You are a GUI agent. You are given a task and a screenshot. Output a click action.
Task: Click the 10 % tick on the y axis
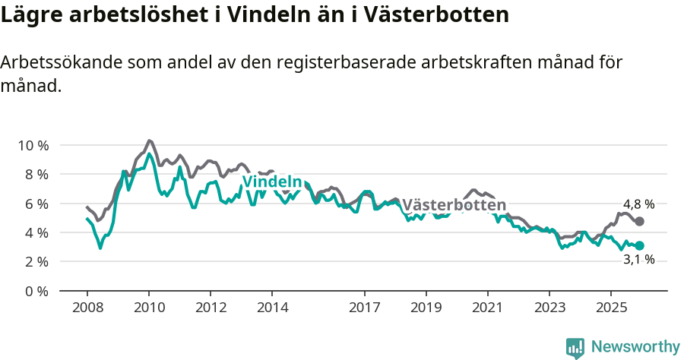click(x=32, y=145)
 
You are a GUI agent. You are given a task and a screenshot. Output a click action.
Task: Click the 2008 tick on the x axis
click(x=87, y=308)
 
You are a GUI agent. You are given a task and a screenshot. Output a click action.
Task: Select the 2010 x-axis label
click(x=149, y=308)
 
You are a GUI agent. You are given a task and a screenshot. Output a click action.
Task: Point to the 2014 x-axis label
click(x=272, y=308)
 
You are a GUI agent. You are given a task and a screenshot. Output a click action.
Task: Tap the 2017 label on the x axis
click(x=364, y=308)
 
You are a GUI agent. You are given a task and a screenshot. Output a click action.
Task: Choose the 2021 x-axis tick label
click(x=487, y=308)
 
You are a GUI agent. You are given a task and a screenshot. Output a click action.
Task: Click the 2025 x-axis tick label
click(x=610, y=308)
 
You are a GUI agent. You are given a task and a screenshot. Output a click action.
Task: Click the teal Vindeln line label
click(x=272, y=182)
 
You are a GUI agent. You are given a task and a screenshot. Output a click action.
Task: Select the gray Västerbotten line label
click(x=454, y=205)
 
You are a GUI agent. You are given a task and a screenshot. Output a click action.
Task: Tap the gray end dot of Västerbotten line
click(x=639, y=221)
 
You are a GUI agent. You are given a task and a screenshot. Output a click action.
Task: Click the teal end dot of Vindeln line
click(x=639, y=245)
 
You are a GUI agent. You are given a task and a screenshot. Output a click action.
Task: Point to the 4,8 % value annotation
click(x=638, y=204)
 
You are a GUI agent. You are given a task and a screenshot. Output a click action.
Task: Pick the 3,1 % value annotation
click(x=638, y=260)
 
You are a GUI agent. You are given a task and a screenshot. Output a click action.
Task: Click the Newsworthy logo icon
click(x=575, y=347)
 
